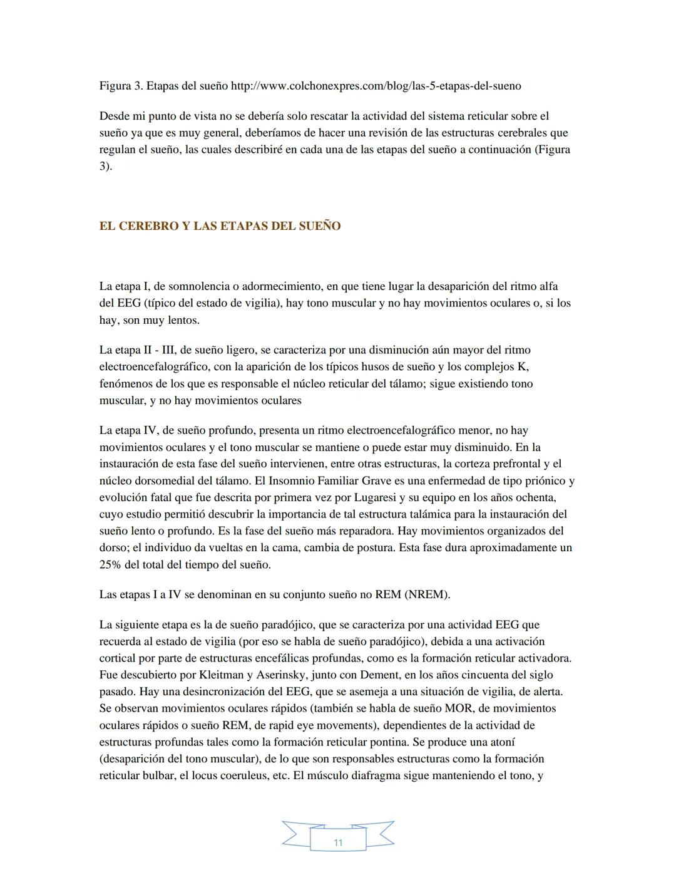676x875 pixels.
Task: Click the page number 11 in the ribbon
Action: (338, 842)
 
